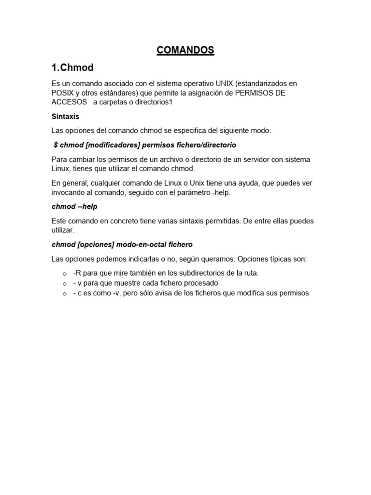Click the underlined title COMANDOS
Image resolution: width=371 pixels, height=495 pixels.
tap(185, 50)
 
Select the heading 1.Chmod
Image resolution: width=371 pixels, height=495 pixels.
tap(72, 67)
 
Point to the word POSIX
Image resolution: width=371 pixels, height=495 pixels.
tap(63, 92)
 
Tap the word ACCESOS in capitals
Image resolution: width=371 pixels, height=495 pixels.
tap(69, 102)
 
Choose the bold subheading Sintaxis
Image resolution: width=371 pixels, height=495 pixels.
tap(65, 116)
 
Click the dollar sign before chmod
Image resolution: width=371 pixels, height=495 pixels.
tap(56, 145)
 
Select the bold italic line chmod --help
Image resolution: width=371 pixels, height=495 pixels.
tap(74, 206)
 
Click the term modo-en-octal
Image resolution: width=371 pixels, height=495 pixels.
tap(140, 245)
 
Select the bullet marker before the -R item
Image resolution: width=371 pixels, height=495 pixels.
tap(65, 274)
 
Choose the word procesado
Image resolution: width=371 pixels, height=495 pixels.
tap(201, 283)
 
